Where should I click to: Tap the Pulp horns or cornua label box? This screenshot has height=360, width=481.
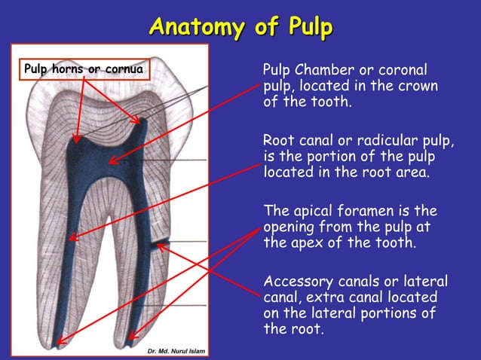tap(83, 70)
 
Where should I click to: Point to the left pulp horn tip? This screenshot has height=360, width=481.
tap(75, 139)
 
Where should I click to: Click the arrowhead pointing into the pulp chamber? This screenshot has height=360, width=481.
tap(111, 160)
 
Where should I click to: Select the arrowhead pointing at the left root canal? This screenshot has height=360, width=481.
tap(72, 239)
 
